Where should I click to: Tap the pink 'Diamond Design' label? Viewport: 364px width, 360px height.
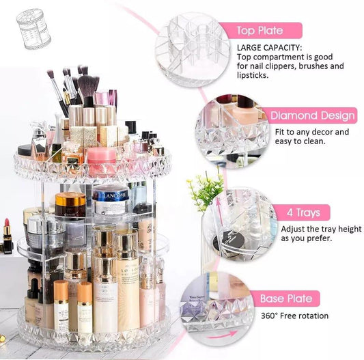point(311,115)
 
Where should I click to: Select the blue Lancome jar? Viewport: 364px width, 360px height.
point(110,200)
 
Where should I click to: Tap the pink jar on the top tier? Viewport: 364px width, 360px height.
point(101,162)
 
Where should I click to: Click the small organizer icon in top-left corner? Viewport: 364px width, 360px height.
point(29,28)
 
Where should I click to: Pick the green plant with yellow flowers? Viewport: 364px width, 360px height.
point(204,190)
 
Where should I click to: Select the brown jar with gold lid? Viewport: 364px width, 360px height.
point(70,205)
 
